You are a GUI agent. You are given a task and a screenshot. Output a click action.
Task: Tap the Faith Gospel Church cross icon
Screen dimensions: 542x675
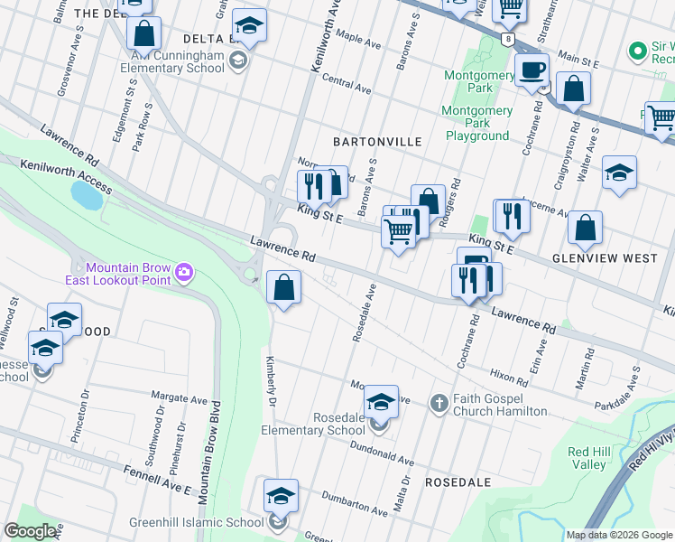click(x=439, y=403)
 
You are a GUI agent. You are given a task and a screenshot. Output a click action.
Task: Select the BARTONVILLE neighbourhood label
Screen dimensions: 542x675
click(x=377, y=142)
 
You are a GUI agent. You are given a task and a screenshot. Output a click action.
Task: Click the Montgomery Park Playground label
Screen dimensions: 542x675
click(x=477, y=124)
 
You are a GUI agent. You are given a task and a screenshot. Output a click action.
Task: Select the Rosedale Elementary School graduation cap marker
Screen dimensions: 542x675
click(x=381, y=400)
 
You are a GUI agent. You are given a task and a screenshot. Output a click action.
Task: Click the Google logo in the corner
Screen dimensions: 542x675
click(x=31, y=531)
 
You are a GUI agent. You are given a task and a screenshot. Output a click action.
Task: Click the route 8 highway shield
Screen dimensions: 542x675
click(x=510, y=41)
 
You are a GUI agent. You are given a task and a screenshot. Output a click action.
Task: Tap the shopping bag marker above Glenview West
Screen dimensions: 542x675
click(x=586, y=229)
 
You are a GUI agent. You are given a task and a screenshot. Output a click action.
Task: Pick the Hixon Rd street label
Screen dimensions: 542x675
click(x=509, y=374)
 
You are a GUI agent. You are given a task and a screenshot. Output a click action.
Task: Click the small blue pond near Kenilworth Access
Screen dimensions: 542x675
click(x=86, y=193)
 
